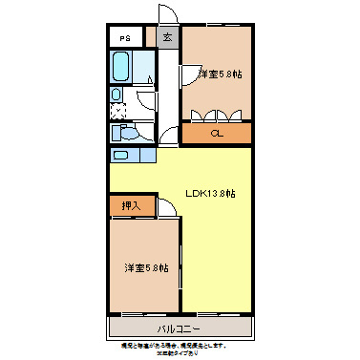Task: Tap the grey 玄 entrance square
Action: [167, 37]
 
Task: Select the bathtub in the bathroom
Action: [121, 67]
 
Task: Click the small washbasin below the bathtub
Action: [116, 95]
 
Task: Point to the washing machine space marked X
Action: [120, 110]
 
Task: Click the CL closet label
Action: [217, 133]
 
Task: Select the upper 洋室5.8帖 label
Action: [219, 74]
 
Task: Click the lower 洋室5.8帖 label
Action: [145, 267]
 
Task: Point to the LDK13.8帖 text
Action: [210, 193]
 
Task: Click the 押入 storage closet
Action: [131, 205]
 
